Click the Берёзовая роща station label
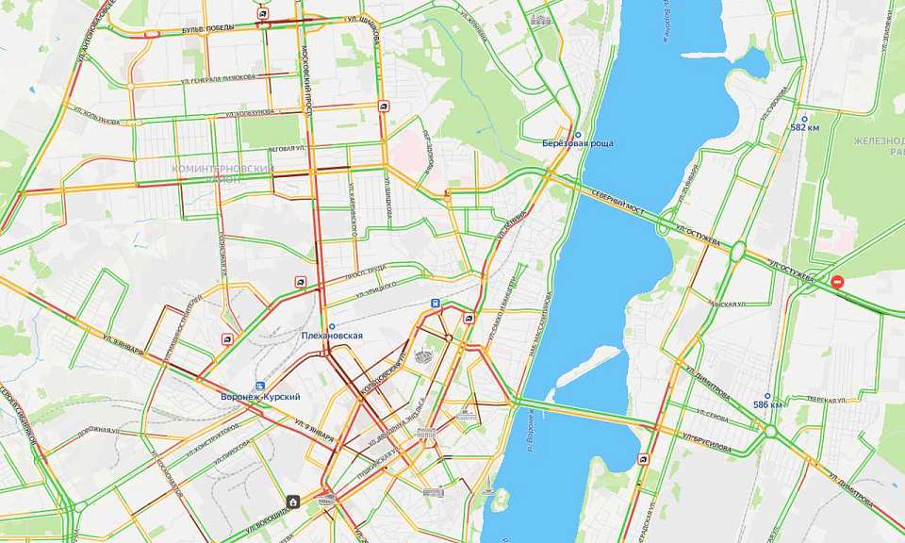pos(578,143)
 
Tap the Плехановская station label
pos(331,336)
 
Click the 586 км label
pos(768,405)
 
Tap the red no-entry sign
pos(837,281)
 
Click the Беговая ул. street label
pos(287,148)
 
